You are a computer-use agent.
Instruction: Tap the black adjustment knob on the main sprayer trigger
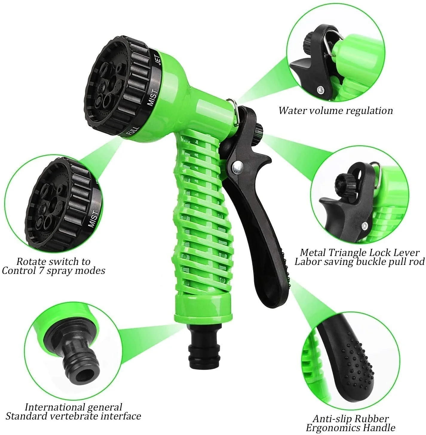pyautogui.click(x=258, y=131)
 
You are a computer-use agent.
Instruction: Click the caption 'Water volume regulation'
pyautogui.click(x=335, y=111)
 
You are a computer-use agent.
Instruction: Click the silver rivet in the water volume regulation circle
pyautogui.click(x=321, y=89)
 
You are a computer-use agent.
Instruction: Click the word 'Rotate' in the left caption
pyautogui.click(x=32, y=261)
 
